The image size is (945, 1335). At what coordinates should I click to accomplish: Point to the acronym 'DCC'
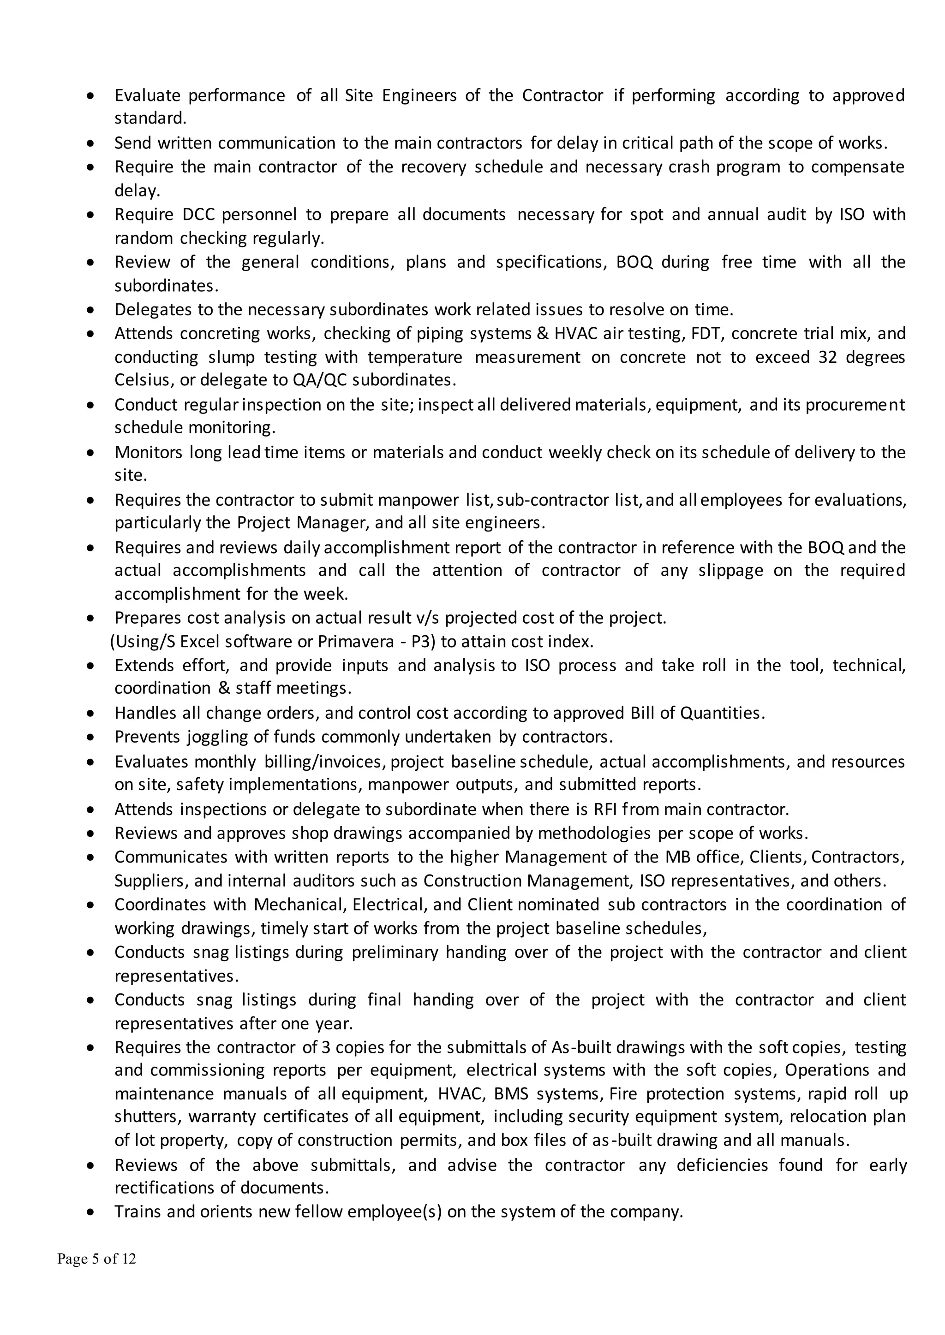pyautogui.click(x=198, y=214)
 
